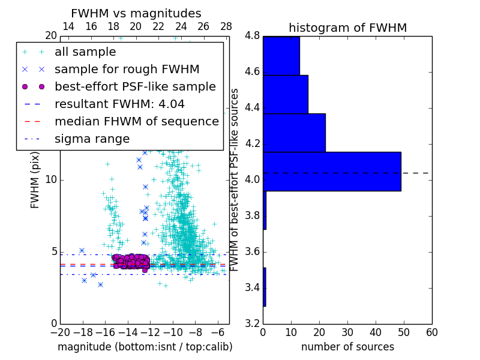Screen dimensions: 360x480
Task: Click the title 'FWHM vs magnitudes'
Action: [136, 13]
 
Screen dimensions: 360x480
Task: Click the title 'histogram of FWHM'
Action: [347, 28]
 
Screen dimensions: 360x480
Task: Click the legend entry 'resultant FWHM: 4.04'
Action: [119, 104]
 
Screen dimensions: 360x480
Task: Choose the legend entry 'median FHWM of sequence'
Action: [136, 121]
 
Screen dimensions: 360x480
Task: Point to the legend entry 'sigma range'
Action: [92, 139]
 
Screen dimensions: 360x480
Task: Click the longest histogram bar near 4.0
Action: [332, 171]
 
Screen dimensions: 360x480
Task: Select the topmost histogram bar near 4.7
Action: [281, 56]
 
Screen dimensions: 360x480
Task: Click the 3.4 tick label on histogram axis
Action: [252, 288]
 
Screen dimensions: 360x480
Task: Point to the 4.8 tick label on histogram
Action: [252, 36]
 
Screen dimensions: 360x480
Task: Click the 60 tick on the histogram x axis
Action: [431, 332]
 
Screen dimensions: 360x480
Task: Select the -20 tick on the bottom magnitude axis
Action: [60, 332]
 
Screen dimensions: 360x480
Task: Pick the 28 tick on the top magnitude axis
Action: [226, 26]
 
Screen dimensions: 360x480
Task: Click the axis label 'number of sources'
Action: [347, 347]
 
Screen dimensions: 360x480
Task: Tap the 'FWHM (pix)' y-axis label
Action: [35, 179]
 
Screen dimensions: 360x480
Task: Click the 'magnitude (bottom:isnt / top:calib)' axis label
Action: [145, 347]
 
